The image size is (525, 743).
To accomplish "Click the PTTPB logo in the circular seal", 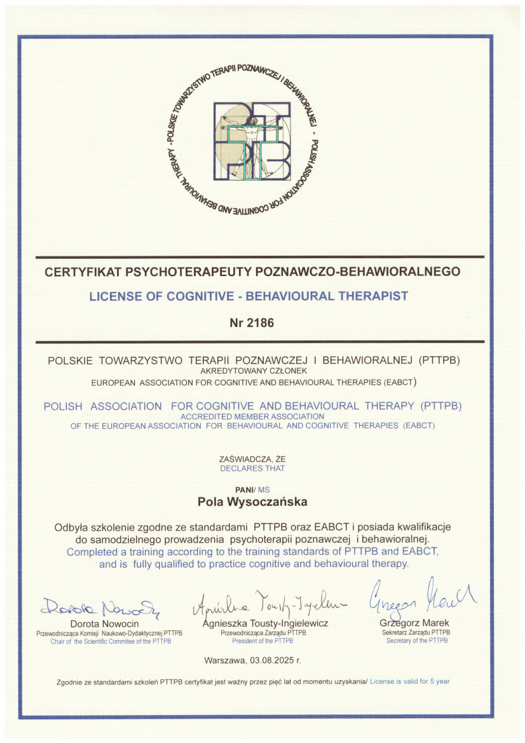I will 252,141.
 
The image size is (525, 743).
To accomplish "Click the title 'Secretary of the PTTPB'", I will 416,641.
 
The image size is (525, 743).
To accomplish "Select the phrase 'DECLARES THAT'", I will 252,468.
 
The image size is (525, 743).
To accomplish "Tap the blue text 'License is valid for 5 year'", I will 411,681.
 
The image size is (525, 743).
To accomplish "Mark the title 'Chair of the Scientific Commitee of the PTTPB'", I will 111,641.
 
